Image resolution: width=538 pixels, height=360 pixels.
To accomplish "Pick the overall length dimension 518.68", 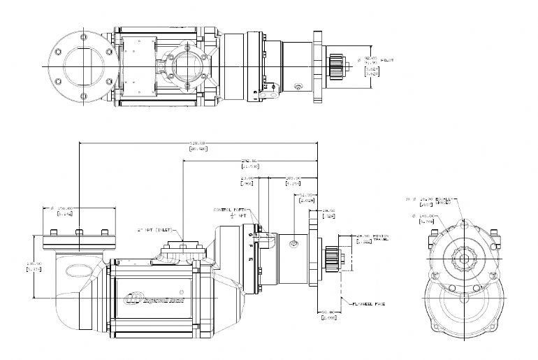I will pos(199,143).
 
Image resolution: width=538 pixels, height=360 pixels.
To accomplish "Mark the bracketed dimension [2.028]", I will pos(305,201).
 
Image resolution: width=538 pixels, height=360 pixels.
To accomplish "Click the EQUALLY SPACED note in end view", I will pos(440,201).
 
